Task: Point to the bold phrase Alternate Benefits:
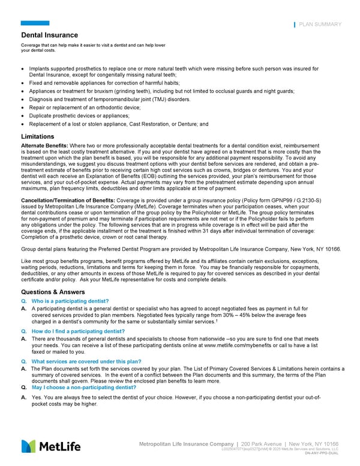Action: (x=44, y=146)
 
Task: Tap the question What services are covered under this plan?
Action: (x=86, y=362)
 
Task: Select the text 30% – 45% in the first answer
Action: (x=235, y=316)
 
